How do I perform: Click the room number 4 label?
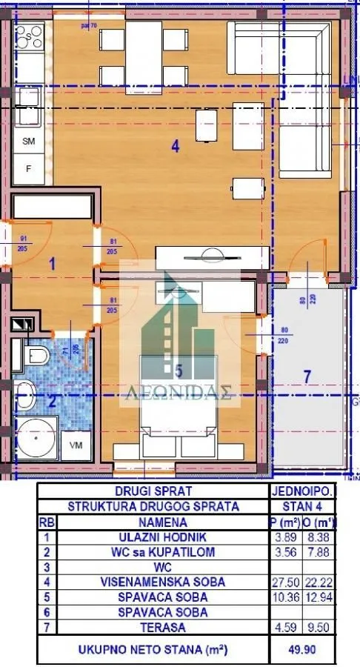click(175, 147)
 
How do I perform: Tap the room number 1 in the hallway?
click(53, 262)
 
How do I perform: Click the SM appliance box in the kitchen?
click(30, 141)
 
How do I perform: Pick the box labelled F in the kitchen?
click(30, 168)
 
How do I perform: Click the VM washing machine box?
click(76, 445)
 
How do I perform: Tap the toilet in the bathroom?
click(33, 356)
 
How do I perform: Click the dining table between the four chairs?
click(143, 47)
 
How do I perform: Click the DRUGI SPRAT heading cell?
click(153, 491)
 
